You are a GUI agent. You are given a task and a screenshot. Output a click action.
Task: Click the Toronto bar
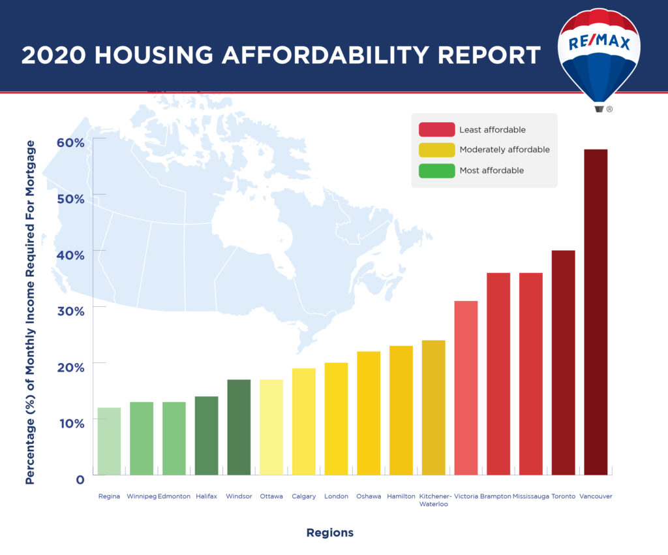click(x=563, y=362)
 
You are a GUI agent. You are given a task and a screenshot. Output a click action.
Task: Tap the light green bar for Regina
click(x=109, y=441)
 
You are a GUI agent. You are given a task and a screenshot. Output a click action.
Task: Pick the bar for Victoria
click(x=466, y=388)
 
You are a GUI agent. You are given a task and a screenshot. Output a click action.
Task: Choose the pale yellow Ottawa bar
click(x=271, y=427)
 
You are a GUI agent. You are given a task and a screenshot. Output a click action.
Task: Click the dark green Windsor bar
click(x=239, y=427)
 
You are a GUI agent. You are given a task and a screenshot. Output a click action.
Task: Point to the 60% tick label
click(x=71, y=142)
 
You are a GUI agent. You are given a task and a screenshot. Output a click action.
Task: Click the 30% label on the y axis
click(x=71, y=311)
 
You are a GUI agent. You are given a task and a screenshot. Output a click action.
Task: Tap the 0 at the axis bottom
click(x=80, y=480)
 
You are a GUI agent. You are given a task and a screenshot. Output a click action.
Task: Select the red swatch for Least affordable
click(x=436, y=129)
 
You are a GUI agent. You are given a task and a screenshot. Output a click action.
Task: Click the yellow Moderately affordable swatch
click(x=436, y=150)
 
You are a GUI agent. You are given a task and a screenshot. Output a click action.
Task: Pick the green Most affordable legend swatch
click(x=436, y=170)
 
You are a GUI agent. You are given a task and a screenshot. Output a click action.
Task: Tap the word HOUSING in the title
click(x=154, y=55)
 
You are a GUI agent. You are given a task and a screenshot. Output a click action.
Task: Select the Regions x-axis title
click(x=329, y=533)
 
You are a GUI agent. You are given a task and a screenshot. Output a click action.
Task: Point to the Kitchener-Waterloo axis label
click(x=435, y=500)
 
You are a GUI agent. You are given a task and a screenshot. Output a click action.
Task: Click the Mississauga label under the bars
click(x=530, y=496)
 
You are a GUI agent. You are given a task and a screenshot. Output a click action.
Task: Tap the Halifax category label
click(x=206, y=496)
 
